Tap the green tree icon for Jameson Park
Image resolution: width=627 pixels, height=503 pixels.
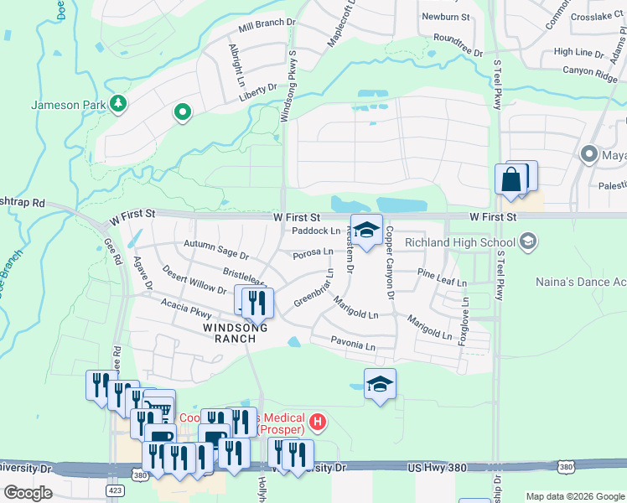(x=120, y=103)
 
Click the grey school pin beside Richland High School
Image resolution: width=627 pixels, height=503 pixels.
(x=527, y=242)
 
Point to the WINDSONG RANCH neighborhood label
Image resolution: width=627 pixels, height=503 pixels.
(x=236, y=327)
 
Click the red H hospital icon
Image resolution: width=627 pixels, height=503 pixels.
(x=318, y=421)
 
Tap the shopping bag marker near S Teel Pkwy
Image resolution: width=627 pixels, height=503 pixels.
(x=511, y=179)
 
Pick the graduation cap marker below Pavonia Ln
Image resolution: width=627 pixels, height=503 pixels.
(x=380, y=385)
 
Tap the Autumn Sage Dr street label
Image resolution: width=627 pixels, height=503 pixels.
(x=216, y=249)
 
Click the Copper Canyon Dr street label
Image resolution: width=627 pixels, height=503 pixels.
(x=389, y=265)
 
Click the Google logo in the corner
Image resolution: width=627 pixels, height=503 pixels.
(x=28, y=493)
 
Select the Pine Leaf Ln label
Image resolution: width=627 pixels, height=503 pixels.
(x=442, y=277)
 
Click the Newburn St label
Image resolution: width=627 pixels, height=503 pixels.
(x=445, y=17)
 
